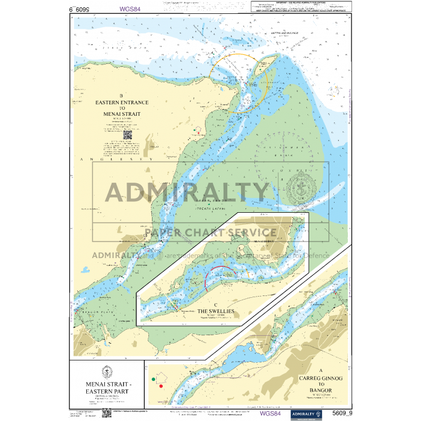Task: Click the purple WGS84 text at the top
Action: tap(131, 9)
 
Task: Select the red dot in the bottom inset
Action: tap(161, 385)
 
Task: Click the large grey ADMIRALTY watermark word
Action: tap(187, 192)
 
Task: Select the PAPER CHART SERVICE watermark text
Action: tap(210, 232)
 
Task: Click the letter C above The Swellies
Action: tap(216, 305)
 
